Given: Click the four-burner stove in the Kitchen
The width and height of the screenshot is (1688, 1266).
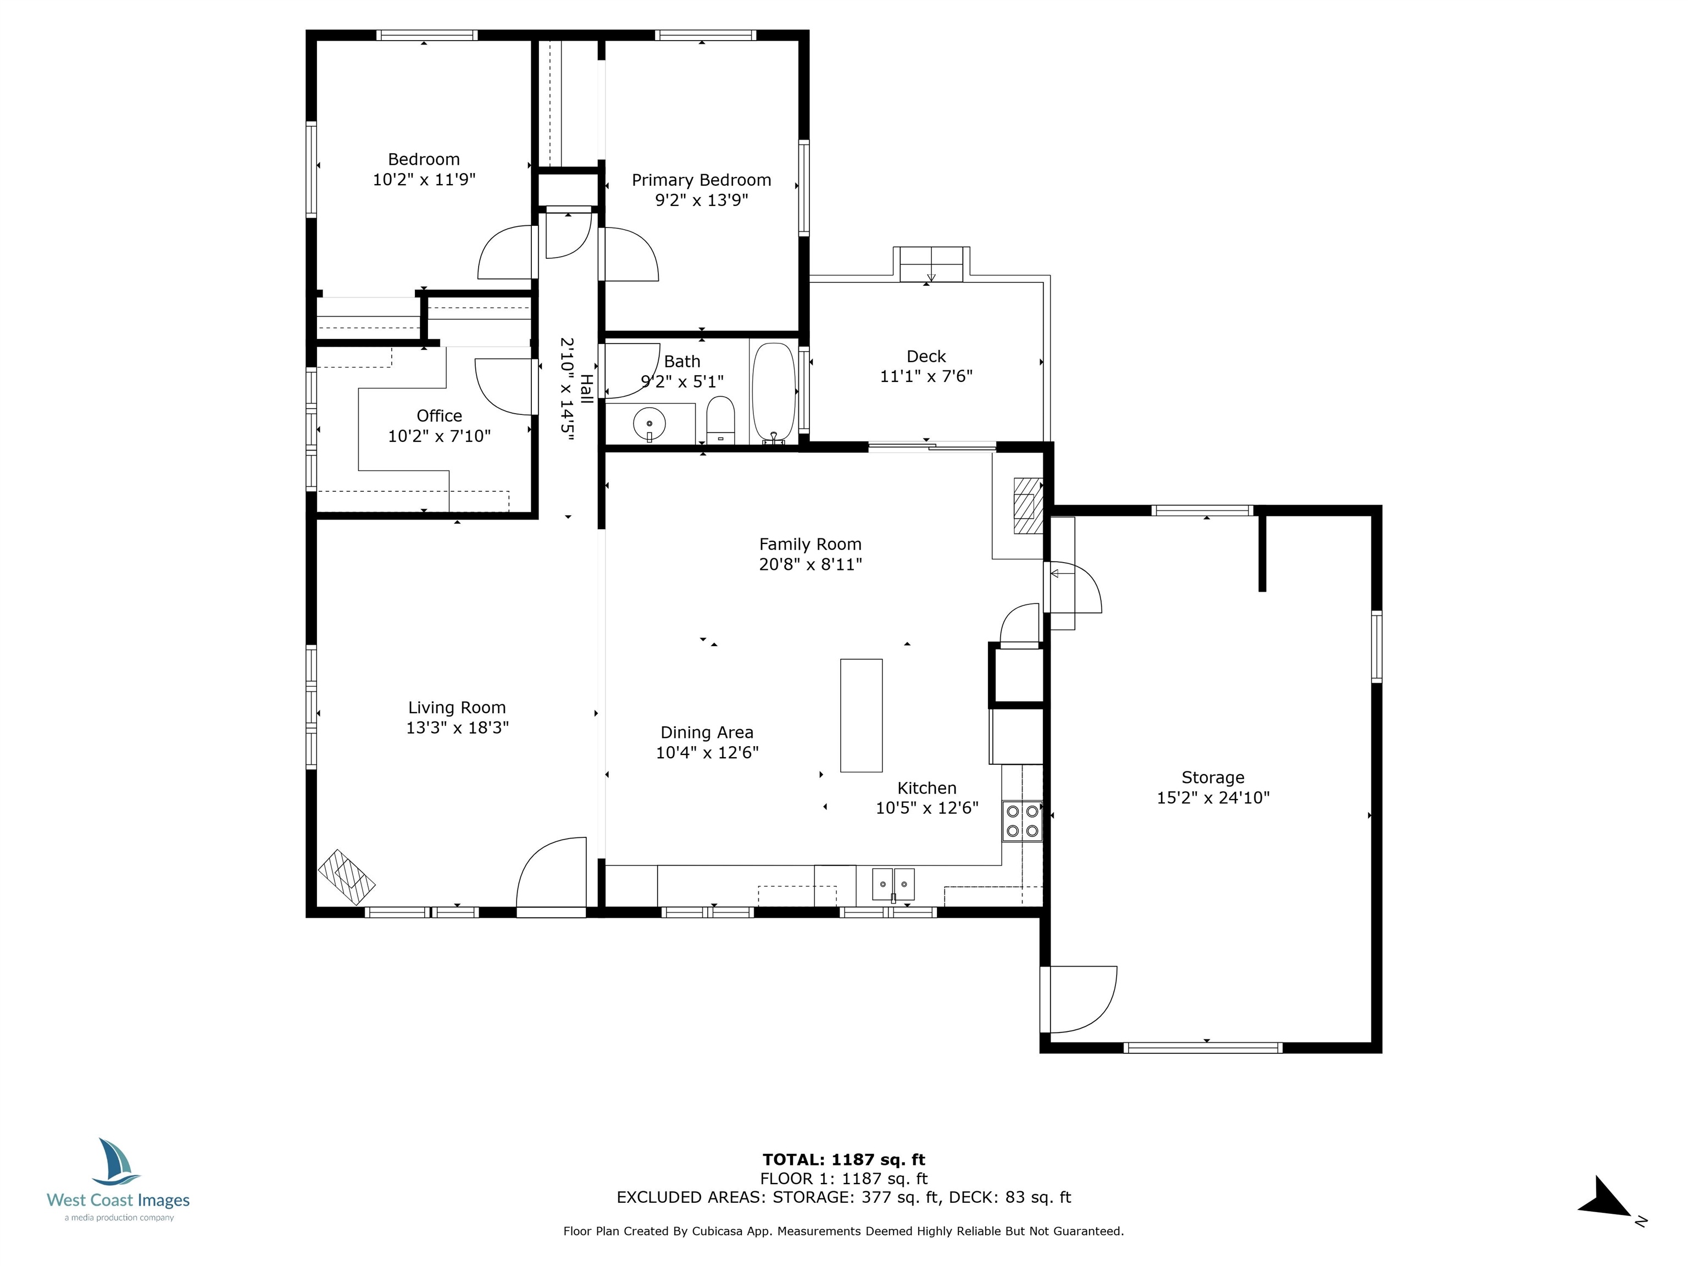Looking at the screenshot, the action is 1023,821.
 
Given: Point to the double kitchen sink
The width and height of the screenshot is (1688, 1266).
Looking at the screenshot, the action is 893,885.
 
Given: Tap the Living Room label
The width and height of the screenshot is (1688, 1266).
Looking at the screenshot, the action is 457,707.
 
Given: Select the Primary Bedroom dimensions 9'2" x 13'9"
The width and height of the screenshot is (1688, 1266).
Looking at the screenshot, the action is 701,200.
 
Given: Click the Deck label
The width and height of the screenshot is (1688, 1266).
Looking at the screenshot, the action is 926,357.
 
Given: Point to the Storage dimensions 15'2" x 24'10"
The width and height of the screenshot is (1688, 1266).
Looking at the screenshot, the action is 1213,797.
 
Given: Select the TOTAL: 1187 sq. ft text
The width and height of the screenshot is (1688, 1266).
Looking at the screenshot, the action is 844,1160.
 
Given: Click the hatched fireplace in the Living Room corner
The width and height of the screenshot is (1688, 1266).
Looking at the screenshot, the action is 347,877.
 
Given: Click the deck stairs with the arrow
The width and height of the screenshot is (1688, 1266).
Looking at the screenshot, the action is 931,265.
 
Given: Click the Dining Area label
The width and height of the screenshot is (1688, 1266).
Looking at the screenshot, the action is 707,732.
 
